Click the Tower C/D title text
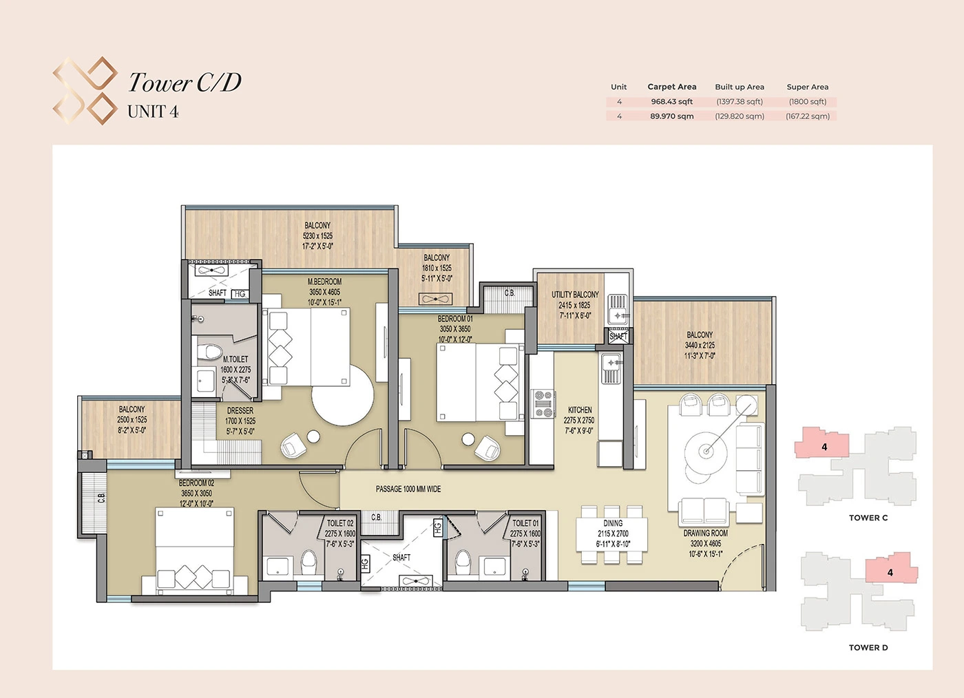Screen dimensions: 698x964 (185, 83)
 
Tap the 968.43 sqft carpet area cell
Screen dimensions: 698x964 (671, 102)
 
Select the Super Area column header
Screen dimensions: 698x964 (807, 87)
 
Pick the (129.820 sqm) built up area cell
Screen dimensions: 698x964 (740, 116)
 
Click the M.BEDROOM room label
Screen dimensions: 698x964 (324, 282)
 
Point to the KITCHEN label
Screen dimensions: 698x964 (580, 410)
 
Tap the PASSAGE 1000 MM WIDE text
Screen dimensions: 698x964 (408, 489)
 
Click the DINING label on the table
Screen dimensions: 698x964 (613, 523)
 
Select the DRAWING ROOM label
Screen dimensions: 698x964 (705, 533)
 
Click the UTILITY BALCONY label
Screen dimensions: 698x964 (575, 295)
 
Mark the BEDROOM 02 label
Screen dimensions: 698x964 (196, 483)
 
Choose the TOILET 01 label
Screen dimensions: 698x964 (525, 523)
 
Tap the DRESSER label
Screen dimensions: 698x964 (240, 410)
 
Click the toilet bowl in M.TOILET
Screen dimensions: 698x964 (208, 353)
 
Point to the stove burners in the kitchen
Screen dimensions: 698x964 (543, 404)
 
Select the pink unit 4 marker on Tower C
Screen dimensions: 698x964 (824, 446)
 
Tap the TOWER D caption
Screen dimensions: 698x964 (868, 647)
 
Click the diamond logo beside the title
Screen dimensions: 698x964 (85, 91)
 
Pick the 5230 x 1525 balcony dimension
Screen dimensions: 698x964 (317, 235)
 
